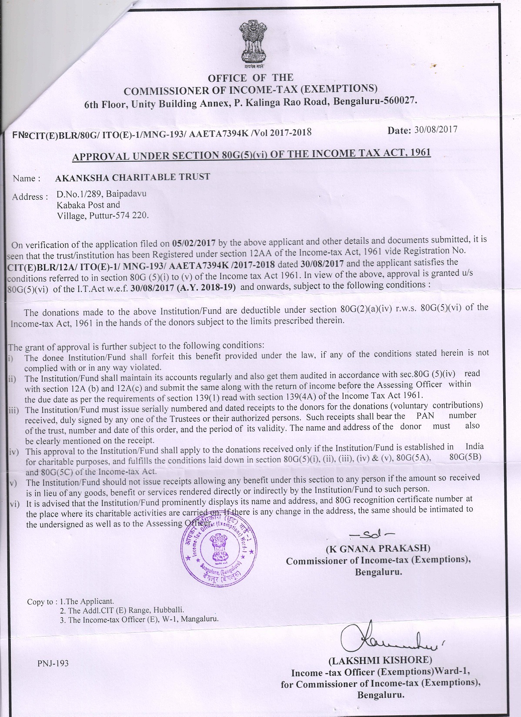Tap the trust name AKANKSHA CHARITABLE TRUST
(x=133, y=177)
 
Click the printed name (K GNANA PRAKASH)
(x=378, y=547)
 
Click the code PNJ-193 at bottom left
(x=53, y=663)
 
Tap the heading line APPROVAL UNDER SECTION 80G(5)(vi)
(x=251, y=154)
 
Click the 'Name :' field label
(x=27, y=178)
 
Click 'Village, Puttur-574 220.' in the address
(x=103, y=215)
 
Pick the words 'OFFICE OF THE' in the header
(x=251, y=78)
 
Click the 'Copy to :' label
(x=42, y=602)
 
